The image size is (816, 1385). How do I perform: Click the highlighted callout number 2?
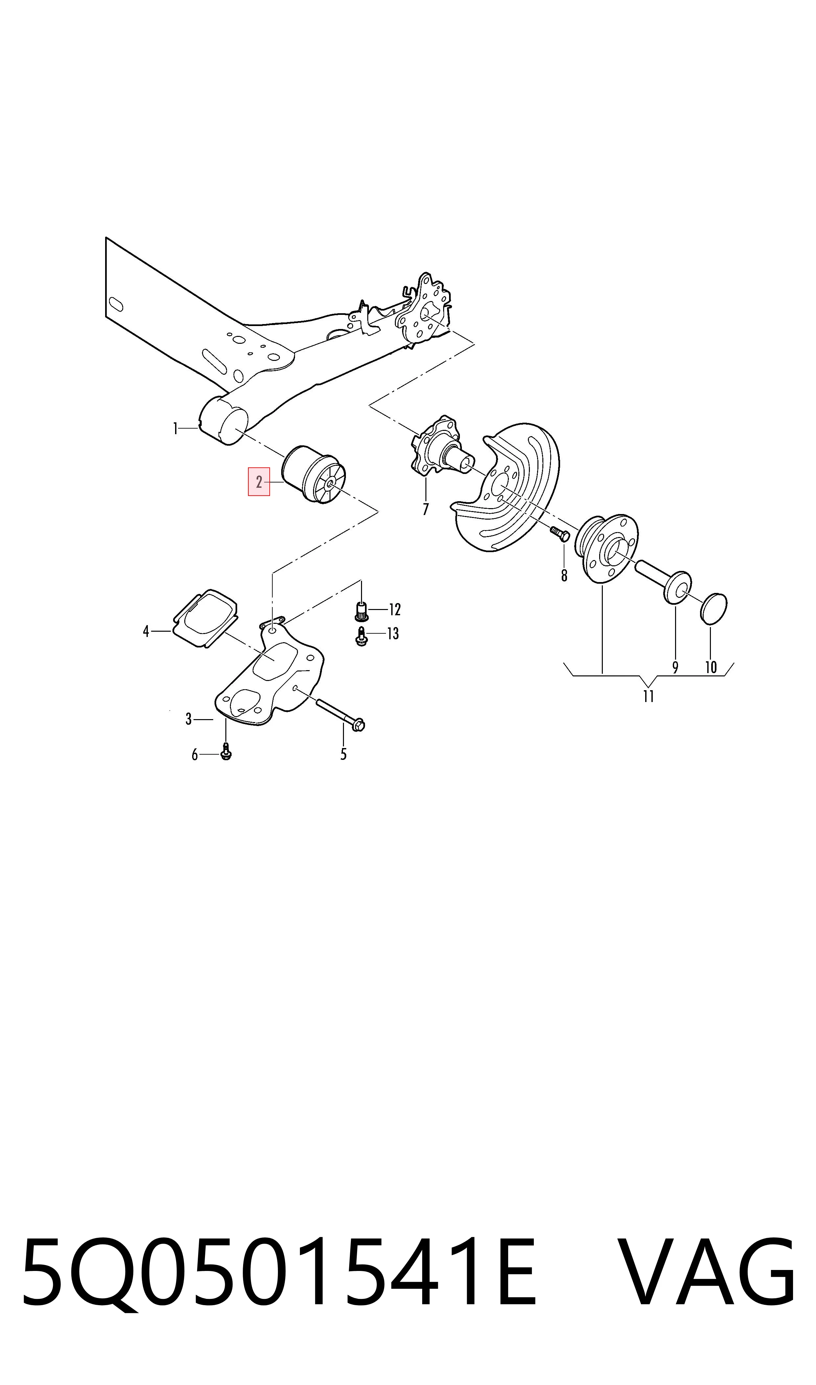tap(259, 482)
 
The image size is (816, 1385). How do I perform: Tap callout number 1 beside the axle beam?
tap(175, 429)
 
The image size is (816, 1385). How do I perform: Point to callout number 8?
tap(564, 575)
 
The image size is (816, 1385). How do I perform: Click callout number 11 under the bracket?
tap(648, 696)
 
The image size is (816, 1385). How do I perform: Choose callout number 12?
tap(395, 609)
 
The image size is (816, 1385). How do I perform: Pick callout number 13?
tap(393, 634)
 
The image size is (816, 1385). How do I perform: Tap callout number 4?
tap(146, 631)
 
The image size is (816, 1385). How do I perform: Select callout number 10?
tap(711, 667)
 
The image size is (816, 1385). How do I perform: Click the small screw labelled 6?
tap(225, 752)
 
